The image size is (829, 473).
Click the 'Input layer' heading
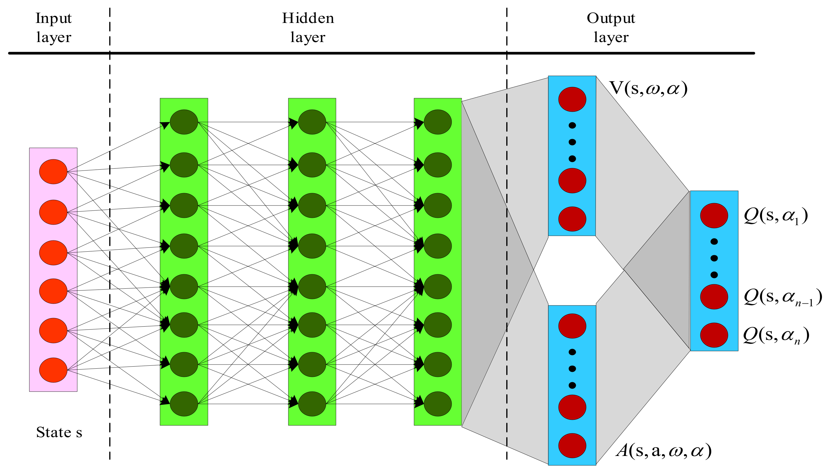53,28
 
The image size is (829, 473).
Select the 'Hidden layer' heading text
307,28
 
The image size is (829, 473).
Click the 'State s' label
59,432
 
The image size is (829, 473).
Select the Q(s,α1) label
776,216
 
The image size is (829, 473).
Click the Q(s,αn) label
776,335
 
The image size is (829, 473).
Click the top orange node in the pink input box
53,171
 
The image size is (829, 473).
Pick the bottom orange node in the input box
53,370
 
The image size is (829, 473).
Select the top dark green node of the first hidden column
184,122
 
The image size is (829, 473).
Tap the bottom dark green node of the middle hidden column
312,404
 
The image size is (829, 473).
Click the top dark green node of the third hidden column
437,122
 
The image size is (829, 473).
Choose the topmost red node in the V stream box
572,99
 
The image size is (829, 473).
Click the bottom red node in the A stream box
572,445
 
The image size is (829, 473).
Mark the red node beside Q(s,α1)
714,215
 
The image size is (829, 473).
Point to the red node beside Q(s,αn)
714,335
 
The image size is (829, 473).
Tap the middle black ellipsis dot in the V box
572,142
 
